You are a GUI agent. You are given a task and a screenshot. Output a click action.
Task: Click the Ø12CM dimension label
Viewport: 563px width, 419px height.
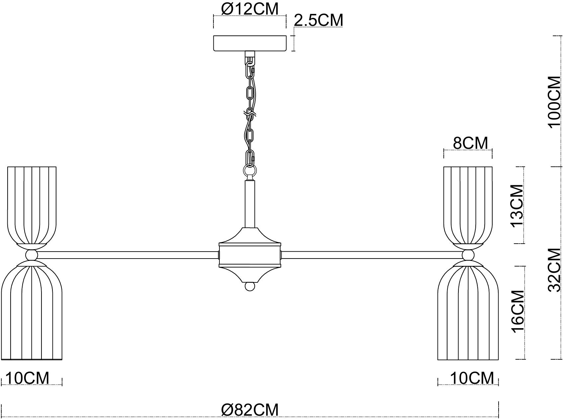[250, 9]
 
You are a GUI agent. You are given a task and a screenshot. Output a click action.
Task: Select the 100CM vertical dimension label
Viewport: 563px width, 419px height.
[555, 102]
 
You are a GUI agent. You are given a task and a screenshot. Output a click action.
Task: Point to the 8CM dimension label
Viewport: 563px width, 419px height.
[470, 143]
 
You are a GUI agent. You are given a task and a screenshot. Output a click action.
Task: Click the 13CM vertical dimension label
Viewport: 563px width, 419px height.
[517, 205]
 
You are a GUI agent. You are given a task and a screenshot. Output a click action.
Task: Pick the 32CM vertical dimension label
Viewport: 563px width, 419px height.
[555, 270]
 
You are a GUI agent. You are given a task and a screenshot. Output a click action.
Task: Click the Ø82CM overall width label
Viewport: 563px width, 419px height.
[250, 410]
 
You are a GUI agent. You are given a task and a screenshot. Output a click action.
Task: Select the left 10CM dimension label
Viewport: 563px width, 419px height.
[28, 378]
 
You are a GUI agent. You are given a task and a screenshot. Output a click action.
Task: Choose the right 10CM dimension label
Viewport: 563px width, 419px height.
[472, 378]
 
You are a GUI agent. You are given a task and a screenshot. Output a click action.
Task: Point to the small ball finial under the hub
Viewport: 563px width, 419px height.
[250, 286]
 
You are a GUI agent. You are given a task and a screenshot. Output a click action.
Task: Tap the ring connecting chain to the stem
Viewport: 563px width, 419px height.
[250, 171]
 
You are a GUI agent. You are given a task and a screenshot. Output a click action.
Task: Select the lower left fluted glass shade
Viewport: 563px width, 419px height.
[32, 310]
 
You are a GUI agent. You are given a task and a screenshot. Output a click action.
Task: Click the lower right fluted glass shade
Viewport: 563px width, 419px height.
[468, 310]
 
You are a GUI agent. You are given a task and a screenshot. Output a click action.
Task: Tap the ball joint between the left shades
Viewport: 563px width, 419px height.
[32, 255]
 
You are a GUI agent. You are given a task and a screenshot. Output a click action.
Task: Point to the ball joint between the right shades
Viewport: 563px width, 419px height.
[468, 255]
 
